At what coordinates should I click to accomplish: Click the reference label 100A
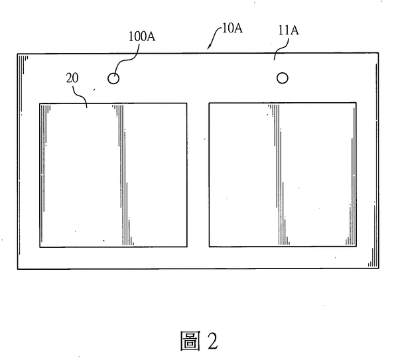coord(142,36)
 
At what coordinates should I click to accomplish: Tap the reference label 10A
coord(232,28)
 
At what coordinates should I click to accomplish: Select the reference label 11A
coord(289,30)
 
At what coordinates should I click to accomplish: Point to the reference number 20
coord(72,78)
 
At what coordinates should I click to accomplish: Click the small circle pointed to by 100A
coord(113,78)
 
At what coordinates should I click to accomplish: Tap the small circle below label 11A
coord(283,78)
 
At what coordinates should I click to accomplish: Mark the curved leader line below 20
coord(80,95)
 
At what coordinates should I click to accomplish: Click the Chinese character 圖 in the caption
coord(190,341)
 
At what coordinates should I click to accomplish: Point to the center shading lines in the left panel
coord(123,175)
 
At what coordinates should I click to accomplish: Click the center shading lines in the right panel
coord(279,174)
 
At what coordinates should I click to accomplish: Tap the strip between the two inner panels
coord(198,175)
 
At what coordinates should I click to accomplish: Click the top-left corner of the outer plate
coord(17,54)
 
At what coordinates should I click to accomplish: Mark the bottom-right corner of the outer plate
coord(379,268)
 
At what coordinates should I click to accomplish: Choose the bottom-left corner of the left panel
coord(40,247)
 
